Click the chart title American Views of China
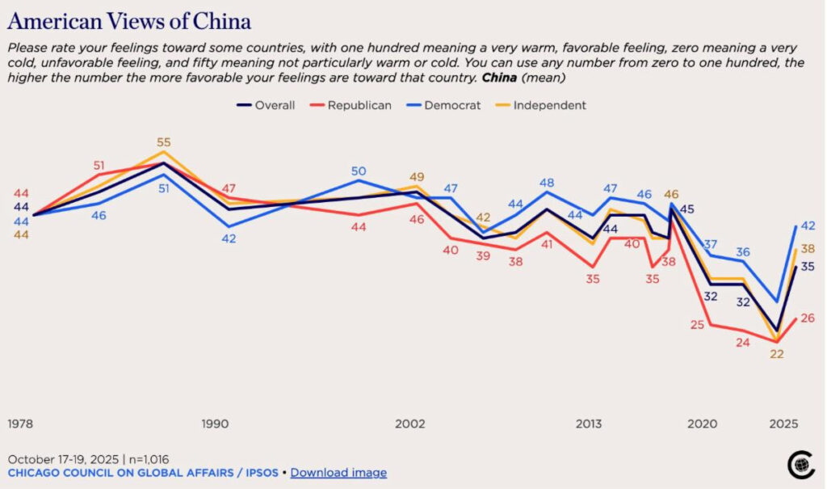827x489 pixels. [x=129, y=21]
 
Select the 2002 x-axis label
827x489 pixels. [x=410, y=424]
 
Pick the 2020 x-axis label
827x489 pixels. [x=702, y=424]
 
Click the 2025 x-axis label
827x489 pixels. [x=783, y=424]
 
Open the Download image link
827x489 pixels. [x=338, y=473]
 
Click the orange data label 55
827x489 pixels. [x=164, y=142]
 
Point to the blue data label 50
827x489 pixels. [x=359, y=171]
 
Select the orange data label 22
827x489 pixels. [x=777, y=353]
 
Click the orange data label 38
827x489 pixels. [x=808, y=250]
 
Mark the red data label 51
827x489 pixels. [x=99, y=166]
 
